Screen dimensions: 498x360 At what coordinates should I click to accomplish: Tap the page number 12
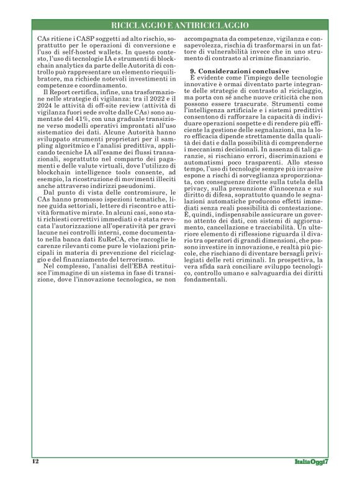(35, 461)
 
